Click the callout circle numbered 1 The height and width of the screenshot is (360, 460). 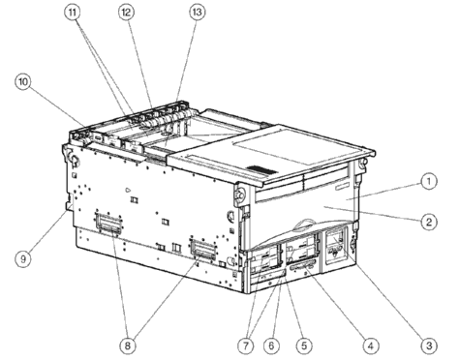click(x=429, y=182)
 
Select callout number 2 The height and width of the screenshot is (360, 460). click(x=429, y=222)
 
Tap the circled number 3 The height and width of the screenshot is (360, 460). click(x=429, y=345)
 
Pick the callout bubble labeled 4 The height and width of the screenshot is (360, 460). click(x=371, y=345)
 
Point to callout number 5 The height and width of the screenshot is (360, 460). click(x=304, y=345)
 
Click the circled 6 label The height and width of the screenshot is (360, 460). click(x=271, y=345)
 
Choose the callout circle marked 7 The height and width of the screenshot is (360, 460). click(x=246, y=345)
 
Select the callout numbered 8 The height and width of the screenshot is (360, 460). click(x=128, y=345)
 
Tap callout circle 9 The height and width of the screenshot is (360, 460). click(x=23, y=258)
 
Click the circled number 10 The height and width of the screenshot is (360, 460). click(x=23, y=81)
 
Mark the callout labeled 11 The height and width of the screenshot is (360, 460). click(x=73, y=13)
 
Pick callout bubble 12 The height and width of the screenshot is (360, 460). click(x=126, y=13)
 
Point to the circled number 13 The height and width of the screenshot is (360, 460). click(x=197, y=13)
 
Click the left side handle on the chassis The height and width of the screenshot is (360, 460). click(x=108, y=223)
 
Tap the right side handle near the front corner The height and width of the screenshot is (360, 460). click(x=202, y=250)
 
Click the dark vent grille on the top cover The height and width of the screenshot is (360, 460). click(x=261, y=170)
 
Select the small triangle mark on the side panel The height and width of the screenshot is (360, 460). click(x=129, y=190)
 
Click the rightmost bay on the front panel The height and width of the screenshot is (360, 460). click(x=335, y=246)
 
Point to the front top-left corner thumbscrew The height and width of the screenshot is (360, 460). click(x=239, y=194)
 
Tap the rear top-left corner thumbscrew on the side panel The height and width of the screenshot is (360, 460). click(x=74, y=158)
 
